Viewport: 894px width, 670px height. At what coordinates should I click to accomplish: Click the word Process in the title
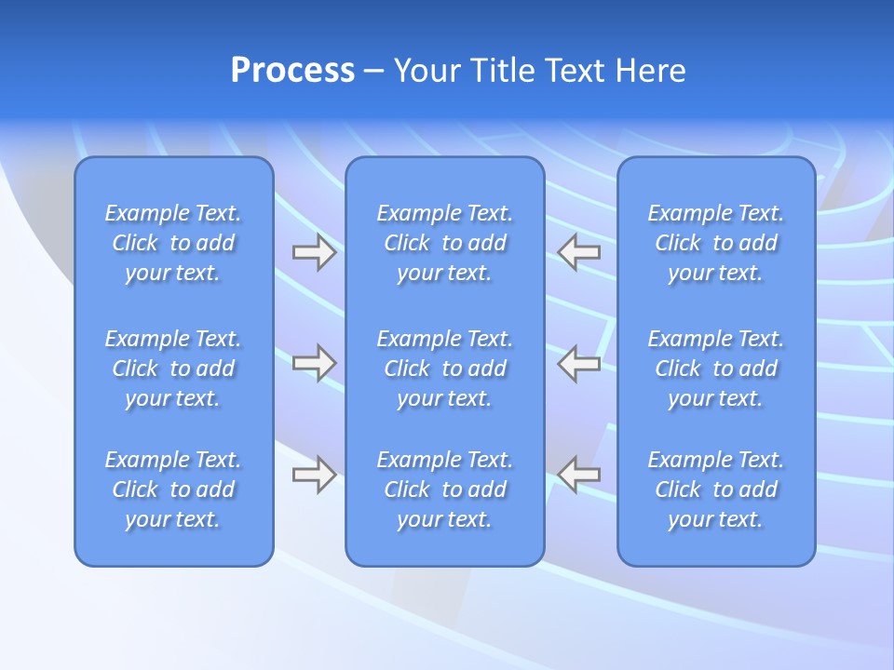292,71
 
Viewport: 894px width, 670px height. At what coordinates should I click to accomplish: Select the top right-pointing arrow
314,252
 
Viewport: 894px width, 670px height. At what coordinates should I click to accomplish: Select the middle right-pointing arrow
314,363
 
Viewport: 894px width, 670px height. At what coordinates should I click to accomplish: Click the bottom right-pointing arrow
314,475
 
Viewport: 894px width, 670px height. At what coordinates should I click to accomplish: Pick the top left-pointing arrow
579,252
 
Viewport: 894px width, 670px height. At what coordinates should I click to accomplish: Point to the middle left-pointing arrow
579,363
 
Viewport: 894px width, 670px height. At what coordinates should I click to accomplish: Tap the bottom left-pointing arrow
579,475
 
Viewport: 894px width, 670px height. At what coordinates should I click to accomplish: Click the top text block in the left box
173,243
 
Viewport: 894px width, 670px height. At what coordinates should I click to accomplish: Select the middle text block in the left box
173,368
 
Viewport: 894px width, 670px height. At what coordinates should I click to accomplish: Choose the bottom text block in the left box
173,489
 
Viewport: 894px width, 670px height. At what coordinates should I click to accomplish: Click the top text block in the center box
445,243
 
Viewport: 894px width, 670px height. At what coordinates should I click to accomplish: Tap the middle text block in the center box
445,368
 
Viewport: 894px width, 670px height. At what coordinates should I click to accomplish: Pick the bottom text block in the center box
445,489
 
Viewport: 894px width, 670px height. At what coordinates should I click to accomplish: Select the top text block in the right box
716,243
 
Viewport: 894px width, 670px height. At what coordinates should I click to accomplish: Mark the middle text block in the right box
716,368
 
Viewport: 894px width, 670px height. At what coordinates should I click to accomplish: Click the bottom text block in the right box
716,489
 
